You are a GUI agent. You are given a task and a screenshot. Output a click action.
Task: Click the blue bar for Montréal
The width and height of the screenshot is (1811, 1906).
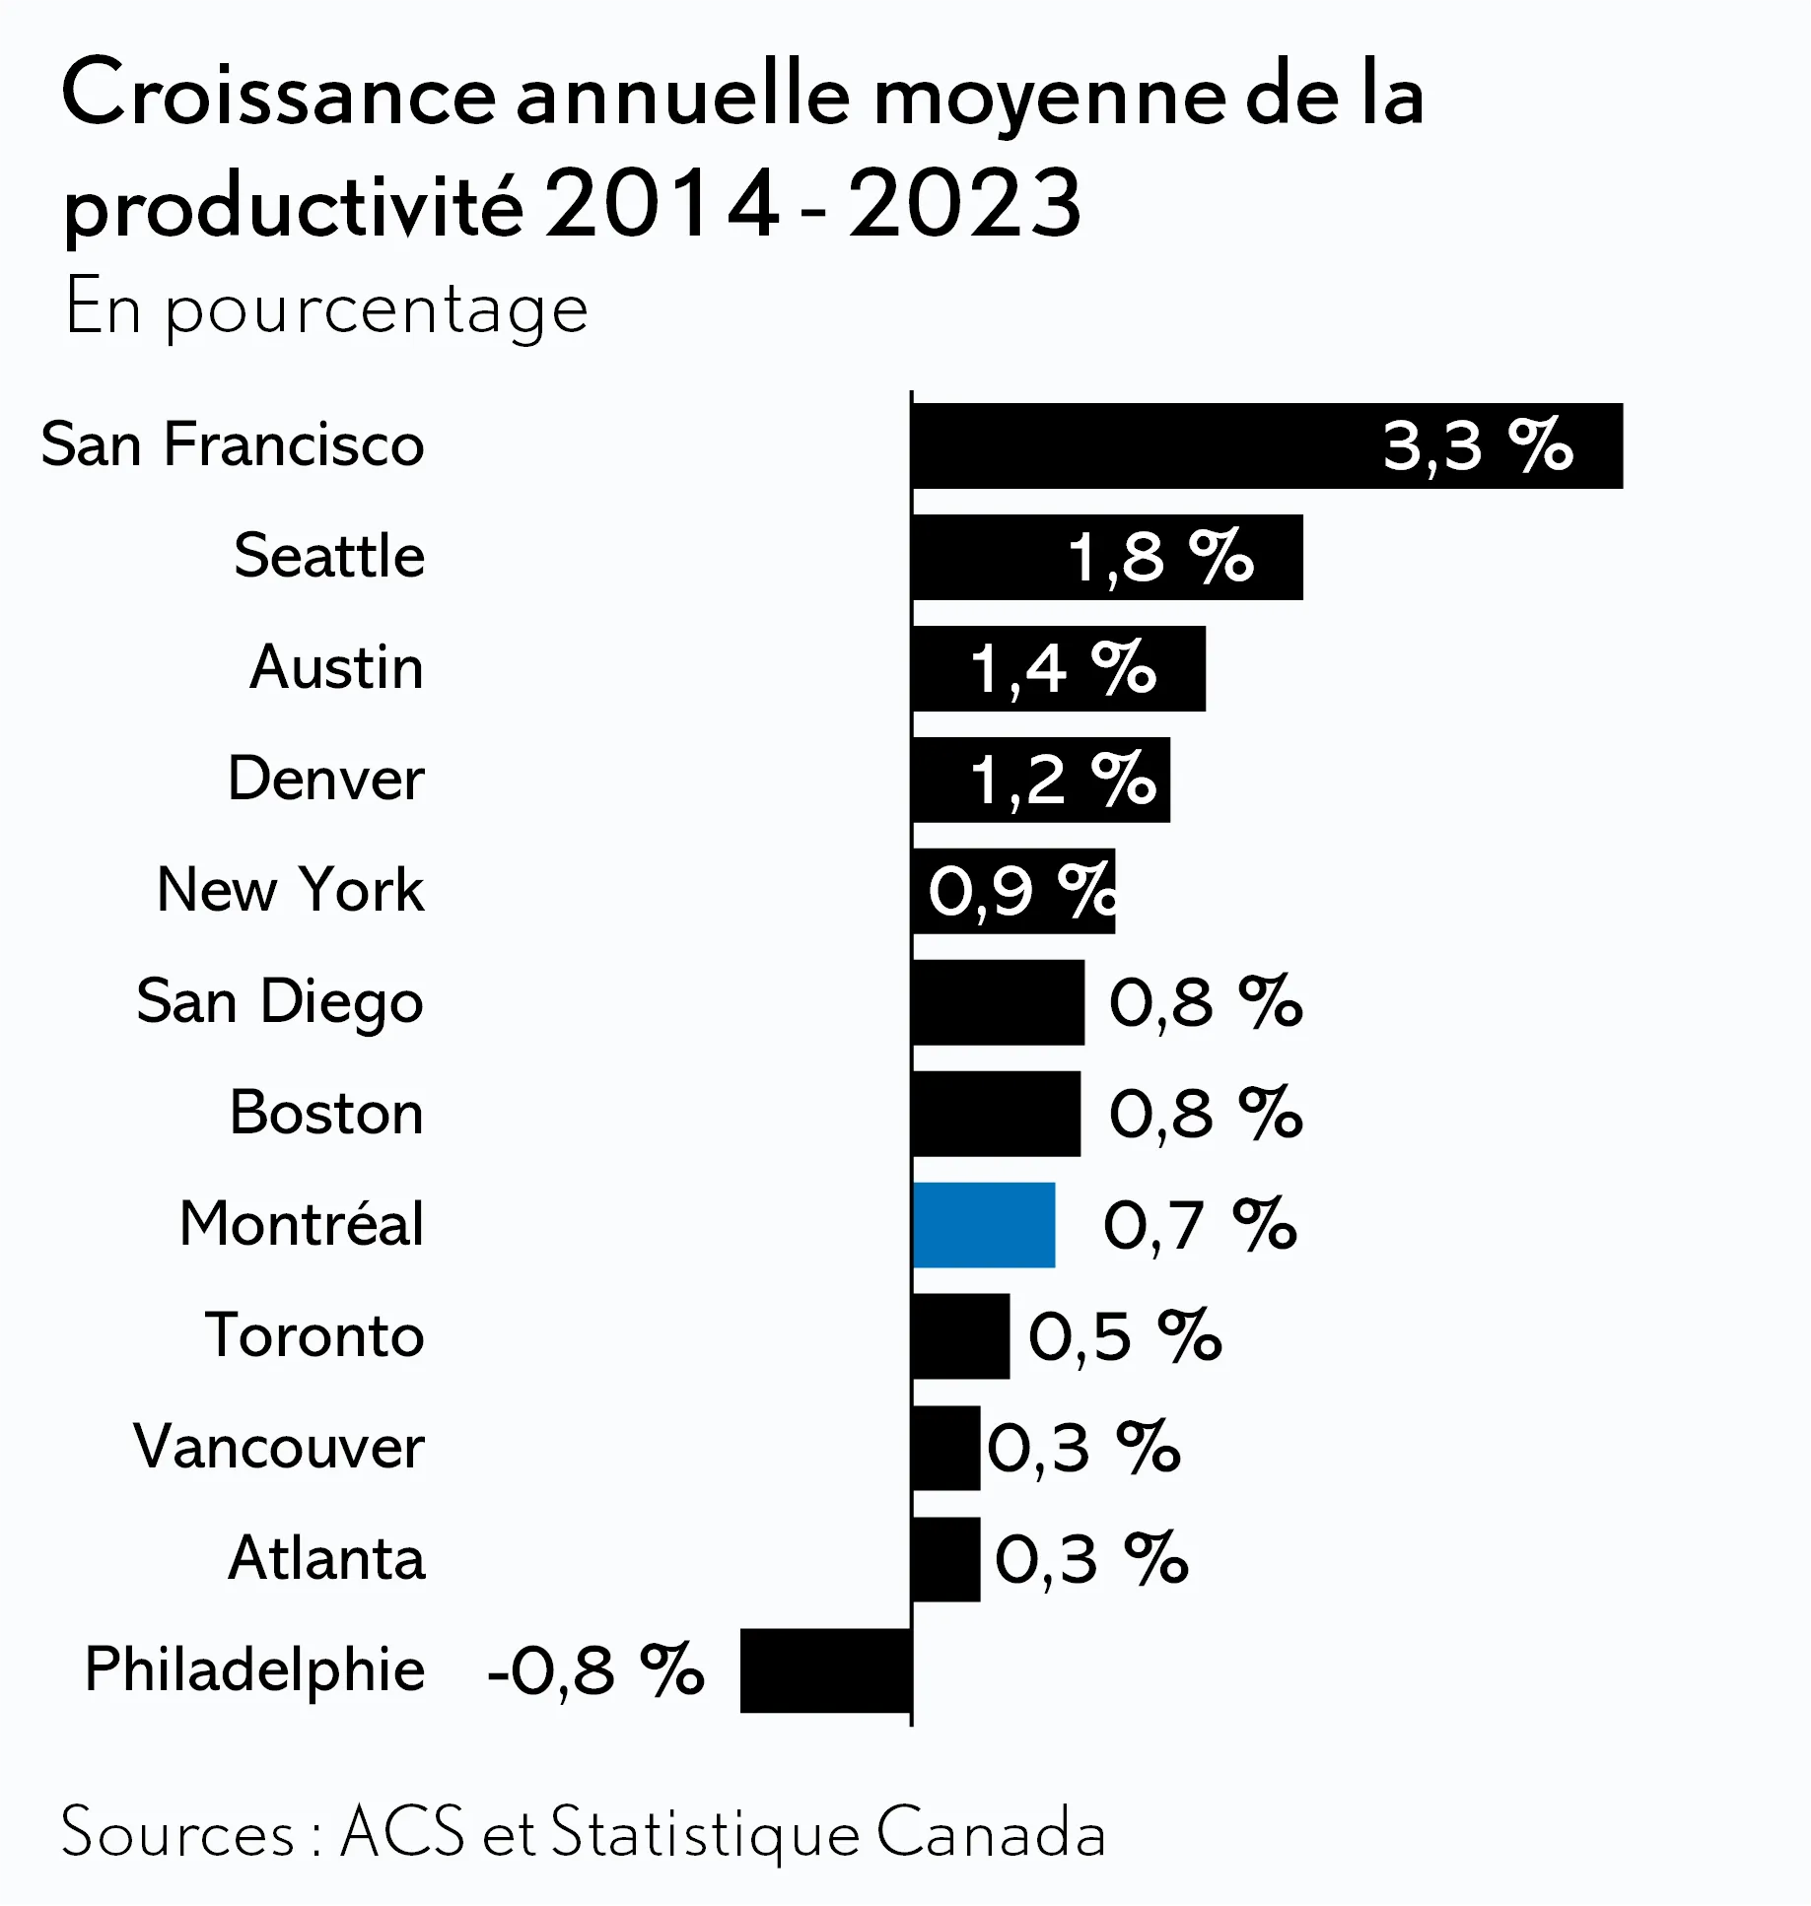coord(984,1224)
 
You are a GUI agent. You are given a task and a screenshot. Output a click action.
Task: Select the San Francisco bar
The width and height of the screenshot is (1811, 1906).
coord(1268,445)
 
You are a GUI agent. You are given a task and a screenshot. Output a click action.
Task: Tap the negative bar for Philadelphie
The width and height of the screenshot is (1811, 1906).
coord(826,1670)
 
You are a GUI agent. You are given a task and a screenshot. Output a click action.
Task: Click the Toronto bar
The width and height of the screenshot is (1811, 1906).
coord(961,1335)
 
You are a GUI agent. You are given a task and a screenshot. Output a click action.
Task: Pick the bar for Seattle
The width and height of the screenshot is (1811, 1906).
coord(1108,557)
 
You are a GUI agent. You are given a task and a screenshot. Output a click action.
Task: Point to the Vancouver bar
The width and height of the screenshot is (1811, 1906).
coord(946,1447)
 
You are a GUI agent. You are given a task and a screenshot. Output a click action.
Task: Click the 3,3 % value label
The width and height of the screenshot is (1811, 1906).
coord(1478,445)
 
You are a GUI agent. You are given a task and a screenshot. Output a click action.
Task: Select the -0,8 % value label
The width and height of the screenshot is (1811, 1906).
coord(595,1670)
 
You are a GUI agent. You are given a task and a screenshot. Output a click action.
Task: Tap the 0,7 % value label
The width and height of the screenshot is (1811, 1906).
coord(1200,1225)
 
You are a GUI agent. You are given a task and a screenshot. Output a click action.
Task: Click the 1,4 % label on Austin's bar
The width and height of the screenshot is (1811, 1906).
coord(1063,668)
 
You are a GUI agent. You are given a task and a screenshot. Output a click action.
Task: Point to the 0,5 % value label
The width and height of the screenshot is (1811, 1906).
coord(1125,1336)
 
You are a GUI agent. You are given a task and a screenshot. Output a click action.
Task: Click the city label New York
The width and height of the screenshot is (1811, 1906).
coord(291,889)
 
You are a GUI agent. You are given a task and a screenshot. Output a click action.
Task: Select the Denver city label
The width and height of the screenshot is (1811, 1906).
coord(326,778)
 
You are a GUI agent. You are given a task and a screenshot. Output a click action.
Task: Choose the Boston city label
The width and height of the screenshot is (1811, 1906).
coord(326,1112)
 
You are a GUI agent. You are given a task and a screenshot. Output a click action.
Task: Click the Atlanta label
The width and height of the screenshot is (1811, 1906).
coord(326,1558)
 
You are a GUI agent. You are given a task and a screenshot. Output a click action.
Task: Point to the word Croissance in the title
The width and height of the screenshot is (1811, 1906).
coord(279,95)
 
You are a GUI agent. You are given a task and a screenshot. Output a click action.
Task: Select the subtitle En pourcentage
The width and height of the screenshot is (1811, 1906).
coord(326,309)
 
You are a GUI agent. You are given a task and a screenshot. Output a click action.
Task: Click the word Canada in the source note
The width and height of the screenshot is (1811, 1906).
coord(991,1833)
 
